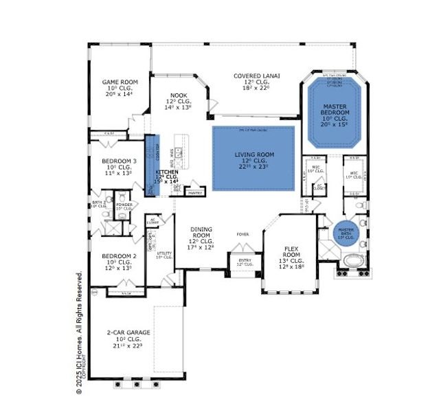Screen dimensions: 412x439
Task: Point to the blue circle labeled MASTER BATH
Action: [x=345, y=233]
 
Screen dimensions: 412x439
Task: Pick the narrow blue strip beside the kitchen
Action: [x=148, y=165]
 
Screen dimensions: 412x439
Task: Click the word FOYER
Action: [x=243, y=234]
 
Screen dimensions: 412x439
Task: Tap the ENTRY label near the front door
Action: [x=245, y=261]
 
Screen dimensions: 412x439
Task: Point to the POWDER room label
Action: [x=124, y=205]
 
